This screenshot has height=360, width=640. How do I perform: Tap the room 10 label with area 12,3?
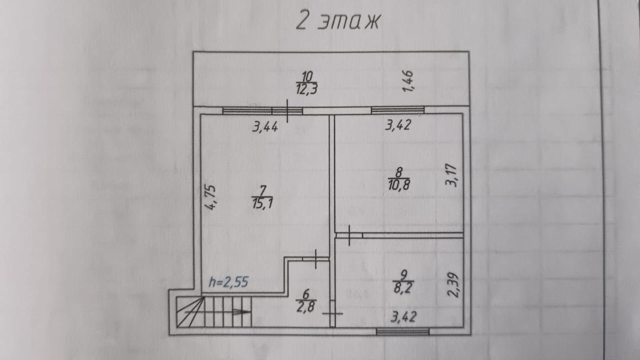tap(307, 83)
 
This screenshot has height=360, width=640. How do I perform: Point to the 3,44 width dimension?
tap(265, 128)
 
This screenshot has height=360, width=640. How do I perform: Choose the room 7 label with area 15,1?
tap(263, 197)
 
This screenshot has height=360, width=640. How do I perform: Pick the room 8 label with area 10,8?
tap(398, 178)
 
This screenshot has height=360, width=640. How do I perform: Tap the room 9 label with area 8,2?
tap(403, 282)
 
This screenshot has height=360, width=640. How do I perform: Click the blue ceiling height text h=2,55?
tap(229, 282)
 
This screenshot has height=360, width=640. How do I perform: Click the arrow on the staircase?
tap(242, 312)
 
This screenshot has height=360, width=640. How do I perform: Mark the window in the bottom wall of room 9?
tap(403, 331)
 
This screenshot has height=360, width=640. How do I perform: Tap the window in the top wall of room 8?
tap(398, 110)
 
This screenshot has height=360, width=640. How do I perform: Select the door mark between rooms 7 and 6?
tap(316, 259)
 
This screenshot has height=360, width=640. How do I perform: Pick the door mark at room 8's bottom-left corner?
tap(349, 236)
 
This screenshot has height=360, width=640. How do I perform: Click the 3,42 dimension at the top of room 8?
tap(398, 126)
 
